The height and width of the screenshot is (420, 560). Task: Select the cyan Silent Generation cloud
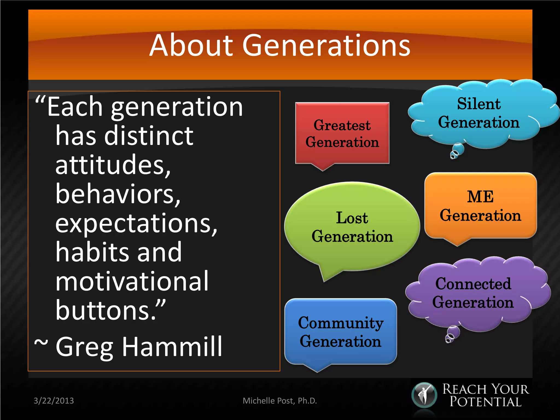pos(479,113)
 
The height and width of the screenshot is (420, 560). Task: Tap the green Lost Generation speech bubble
pos(352,227)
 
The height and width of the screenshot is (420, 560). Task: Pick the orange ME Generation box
pos(480,206)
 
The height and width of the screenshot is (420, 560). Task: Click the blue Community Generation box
pos(340,332)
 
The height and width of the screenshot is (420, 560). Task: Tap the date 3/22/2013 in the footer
pos(54,401)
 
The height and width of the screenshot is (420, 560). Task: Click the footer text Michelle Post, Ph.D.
pos(280,401)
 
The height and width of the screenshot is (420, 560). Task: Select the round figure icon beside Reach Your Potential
pos(424,395)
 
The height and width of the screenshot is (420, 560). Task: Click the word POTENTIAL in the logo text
pos(486,402)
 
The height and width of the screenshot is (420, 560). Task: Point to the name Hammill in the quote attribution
pos(172,347)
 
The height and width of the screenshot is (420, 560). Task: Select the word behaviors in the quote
pos(118,194)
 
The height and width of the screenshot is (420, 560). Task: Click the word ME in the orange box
pos(480,197)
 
